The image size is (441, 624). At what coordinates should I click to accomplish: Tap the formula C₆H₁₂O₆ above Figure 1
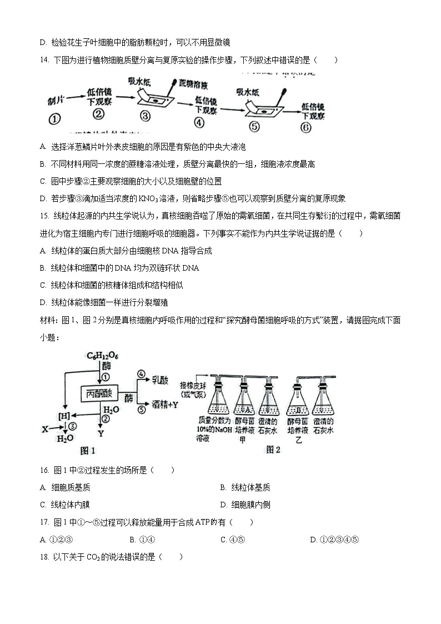coord(102,356)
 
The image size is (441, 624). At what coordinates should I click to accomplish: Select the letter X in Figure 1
coord(46,428)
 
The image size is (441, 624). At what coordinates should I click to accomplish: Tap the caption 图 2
coord(273,450)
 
